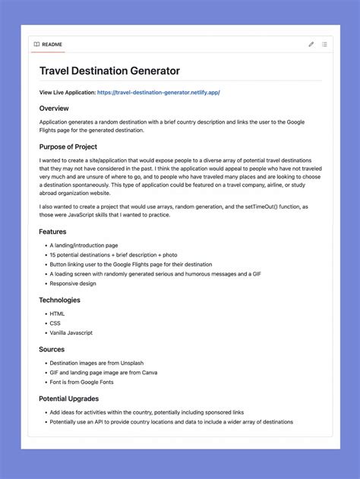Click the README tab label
52,45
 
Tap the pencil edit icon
311,45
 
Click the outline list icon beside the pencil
324,45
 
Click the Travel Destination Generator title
109,71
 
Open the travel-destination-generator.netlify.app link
158,93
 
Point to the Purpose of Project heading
68,147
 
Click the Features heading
53,232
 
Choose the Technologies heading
60,300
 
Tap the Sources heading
52,349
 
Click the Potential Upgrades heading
69,398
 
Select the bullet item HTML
57,314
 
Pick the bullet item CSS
55,323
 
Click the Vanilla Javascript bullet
71,332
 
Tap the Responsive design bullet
73,283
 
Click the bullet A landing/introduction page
84,245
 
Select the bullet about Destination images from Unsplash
96,363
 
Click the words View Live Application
68,93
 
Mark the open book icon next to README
36,45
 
